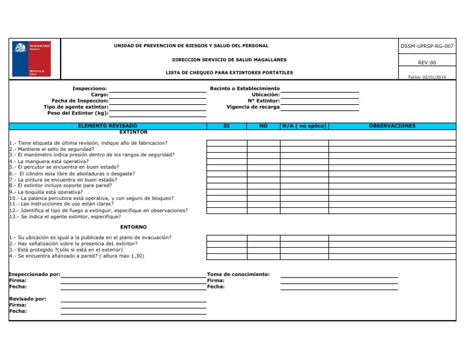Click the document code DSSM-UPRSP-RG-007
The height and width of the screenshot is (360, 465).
point(427,46)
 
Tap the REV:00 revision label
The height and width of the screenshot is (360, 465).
point(427,62)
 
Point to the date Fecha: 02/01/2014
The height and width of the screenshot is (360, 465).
point(427,77)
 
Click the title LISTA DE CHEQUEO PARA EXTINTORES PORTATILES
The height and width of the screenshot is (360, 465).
point(229,72)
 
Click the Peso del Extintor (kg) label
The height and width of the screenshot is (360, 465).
point(77,113)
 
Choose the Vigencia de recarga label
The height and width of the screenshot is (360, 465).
point(253,107)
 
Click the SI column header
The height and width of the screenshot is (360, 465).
point(226,126)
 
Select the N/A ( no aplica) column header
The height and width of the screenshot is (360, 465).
point(304,126)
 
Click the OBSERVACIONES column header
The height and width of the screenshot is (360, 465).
point(392,126)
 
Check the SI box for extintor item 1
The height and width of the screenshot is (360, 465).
point(226,144)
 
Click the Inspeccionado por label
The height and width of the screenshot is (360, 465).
point(35,275)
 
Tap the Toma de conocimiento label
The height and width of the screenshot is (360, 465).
point(239,274)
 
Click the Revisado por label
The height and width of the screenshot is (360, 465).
point(28,299)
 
